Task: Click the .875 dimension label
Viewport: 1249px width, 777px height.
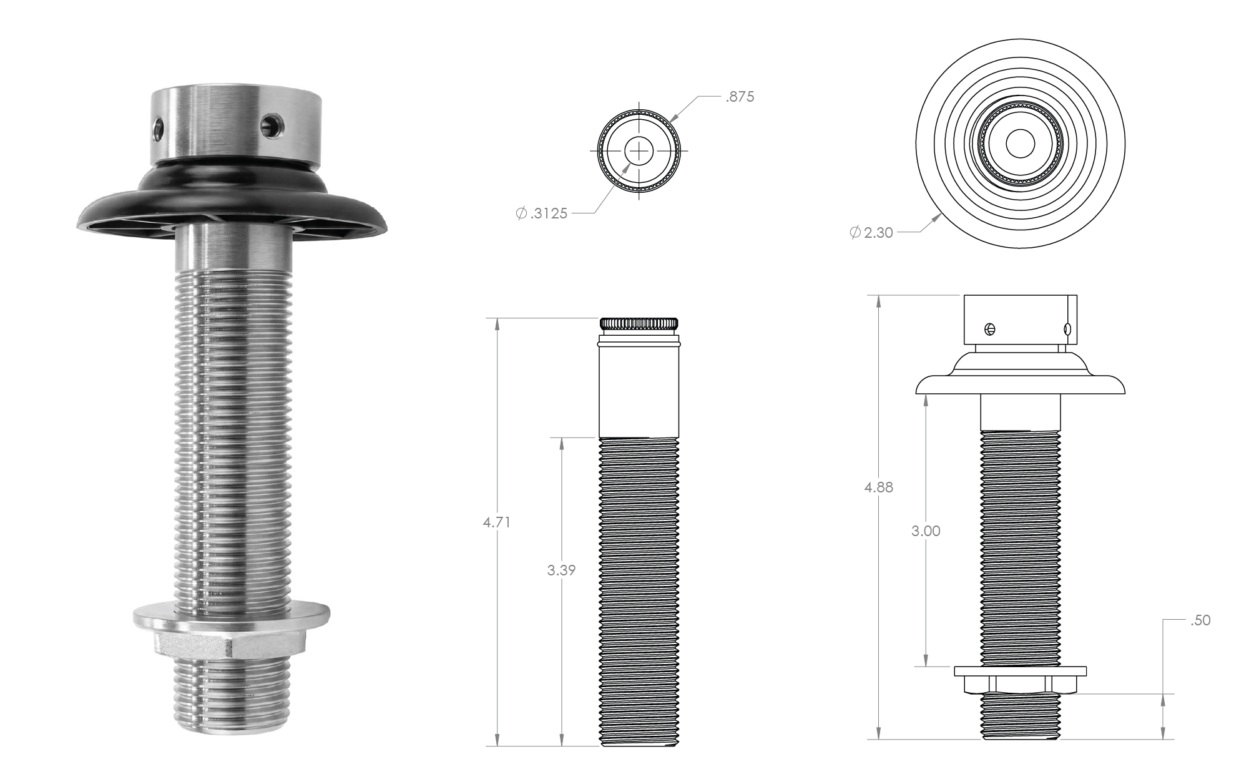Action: [x=740, y=97]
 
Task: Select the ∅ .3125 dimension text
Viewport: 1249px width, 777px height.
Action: [x=542, y=213]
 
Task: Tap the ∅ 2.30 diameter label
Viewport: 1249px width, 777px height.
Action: [x=871, y=233]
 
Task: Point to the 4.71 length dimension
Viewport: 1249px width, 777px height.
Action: [x=497, y=522]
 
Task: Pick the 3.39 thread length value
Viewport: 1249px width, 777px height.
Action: [x=561, y=570]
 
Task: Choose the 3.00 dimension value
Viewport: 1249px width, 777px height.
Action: [x=926, y=531]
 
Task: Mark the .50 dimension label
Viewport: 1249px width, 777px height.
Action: [x=1200, y=620]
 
